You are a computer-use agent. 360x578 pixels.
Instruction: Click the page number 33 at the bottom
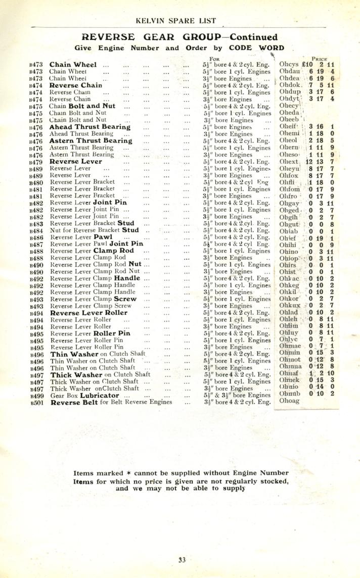tap(182, 559)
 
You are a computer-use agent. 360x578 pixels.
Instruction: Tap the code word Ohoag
tap(289, 402)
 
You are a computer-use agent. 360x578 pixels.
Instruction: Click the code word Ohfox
tap(289, 175)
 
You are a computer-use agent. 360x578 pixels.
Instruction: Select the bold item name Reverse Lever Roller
tap(88, 312)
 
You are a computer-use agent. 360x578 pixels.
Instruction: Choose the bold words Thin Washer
tap(74, 354)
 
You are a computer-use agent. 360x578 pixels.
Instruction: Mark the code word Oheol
tap(289, 141)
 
